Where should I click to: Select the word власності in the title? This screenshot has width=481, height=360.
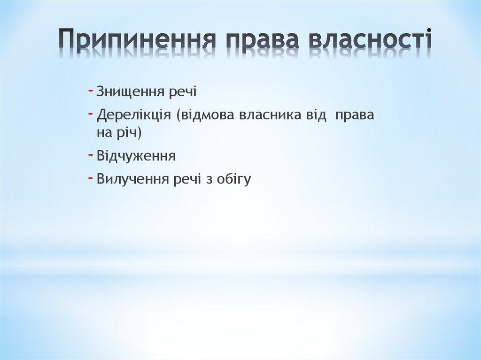pos(370,40)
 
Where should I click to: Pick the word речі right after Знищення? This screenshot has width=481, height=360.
pos(183,92)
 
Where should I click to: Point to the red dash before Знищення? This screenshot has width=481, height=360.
pos(90,90)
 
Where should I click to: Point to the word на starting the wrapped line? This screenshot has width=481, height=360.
pos(103,133)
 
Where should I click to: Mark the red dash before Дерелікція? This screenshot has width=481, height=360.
pos(90,114)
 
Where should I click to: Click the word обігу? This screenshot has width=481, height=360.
pos(234,179)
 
